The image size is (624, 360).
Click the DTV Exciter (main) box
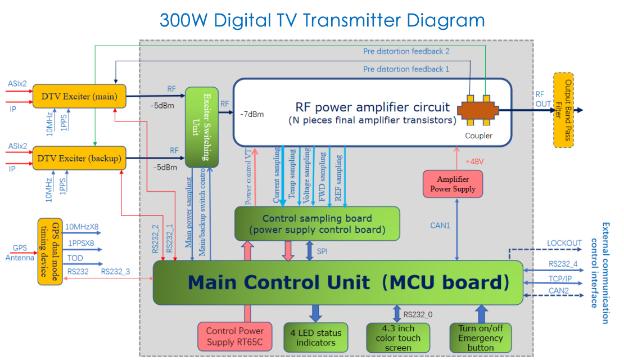coord(79,96)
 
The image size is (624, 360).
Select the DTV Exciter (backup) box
coord(79,158)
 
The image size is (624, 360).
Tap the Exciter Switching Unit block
coord(202,127)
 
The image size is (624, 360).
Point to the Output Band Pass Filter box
coord(563,110)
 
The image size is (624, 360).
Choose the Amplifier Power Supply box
coord(453,184)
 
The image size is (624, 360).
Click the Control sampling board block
coord(317,223)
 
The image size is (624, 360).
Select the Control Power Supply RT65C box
coord(235,336)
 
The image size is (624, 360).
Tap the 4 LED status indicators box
coord(315,337)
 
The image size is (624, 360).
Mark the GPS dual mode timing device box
coord(50,249)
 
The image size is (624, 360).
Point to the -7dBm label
coord(251,114)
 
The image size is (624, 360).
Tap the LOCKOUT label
coord(564,243)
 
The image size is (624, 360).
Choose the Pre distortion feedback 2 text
coord(406,51)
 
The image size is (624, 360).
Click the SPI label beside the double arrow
coord(322,251)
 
